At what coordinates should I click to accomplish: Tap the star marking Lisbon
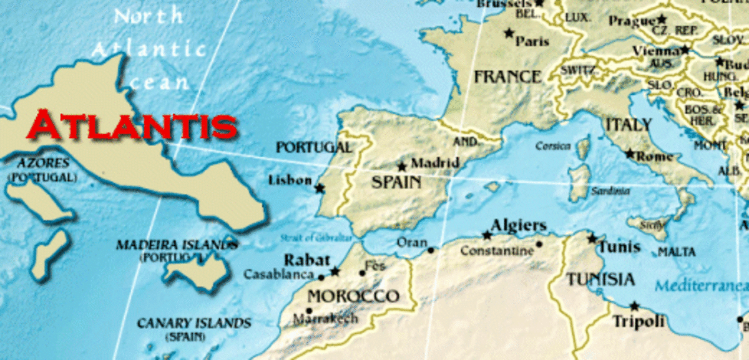[x=320, y=188]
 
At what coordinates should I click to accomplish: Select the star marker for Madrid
[x=402, y=167]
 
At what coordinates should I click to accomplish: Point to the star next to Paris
[x=509, y=32]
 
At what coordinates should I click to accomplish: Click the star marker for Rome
[x=630, y=153]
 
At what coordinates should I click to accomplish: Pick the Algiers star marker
[x=487, y=235]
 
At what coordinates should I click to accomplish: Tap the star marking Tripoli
[x=634, y=306]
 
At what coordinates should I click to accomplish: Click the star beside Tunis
[x=592, y=238]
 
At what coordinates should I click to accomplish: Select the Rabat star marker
[x=335, y=271]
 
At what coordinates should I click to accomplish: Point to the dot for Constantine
[x=539, y=244]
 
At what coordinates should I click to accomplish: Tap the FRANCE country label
[x=507, y=77]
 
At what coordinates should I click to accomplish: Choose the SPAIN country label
[x=396, y=183]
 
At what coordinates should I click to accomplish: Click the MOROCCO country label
[x=353, y=296]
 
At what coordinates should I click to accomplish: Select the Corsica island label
[x=553, y=146]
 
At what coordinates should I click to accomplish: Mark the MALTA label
[x=677, y=251]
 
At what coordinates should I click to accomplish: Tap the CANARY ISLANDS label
[x=194, y=323]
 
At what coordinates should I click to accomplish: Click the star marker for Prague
[x=661, y=19]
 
